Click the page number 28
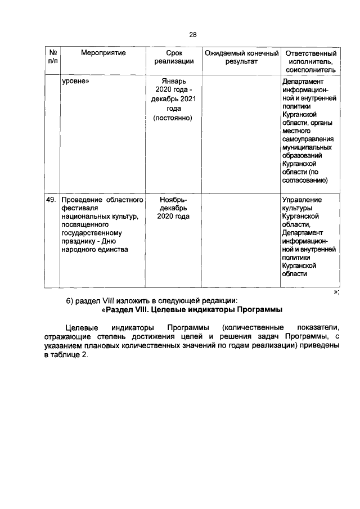[192, 35]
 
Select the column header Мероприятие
[103, 53]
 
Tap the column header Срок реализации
[174, 57]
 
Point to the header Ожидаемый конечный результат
[241, 57]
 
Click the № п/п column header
[52, 57]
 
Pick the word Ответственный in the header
[311, 53]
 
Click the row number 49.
[52, 200]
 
